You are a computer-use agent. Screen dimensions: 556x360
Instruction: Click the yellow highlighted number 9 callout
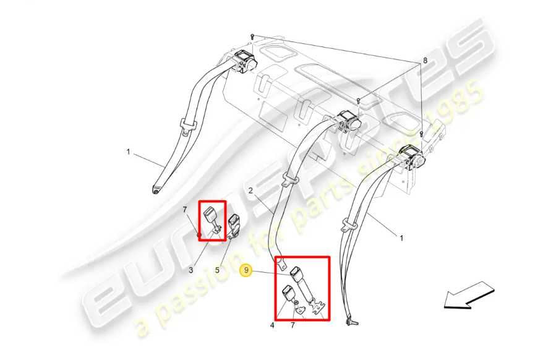tap(246, 271)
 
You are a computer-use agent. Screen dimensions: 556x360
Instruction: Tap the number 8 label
tap(425, 61)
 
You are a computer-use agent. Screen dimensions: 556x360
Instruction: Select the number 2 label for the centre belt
tap(250, 191)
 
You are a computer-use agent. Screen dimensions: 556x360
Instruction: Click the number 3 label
tap(190, 270)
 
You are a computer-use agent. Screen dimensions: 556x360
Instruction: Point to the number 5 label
tap(217, 270)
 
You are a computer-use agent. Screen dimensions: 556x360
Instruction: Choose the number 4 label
tap(272, 325)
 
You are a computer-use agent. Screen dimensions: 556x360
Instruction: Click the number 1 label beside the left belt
tap(129, 152)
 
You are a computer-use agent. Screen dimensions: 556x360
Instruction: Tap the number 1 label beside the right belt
tap(401, 238)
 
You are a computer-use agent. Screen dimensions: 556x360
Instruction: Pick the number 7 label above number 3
tap(185, 210)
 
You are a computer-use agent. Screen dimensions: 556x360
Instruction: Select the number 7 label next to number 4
tap(293, 325)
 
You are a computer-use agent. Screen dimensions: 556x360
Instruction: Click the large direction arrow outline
tap(469, 295)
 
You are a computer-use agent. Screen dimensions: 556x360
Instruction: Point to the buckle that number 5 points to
tap(234, 226)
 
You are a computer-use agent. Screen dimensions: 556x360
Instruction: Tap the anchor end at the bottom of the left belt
tap(156, 190)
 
